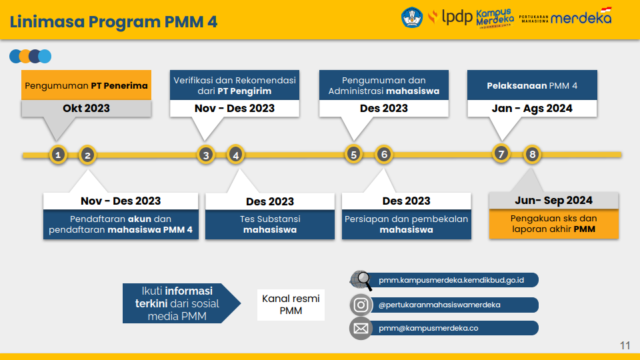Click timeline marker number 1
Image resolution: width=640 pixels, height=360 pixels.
pos(58,155)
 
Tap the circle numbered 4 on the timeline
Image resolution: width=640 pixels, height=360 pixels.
pos(235,155)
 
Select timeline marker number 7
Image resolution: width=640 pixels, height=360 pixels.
pos(501,154)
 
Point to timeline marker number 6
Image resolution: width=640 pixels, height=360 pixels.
pos(384,154)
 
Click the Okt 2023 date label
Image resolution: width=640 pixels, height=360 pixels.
pos(86,108)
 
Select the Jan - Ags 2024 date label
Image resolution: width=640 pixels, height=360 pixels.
pos(532,108)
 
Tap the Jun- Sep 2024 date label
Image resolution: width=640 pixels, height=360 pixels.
pos(553,201)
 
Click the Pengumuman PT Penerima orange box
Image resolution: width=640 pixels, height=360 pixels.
pos(86,85)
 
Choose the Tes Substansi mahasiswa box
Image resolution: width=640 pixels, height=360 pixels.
pos(270,224)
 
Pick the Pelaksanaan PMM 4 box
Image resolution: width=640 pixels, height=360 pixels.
pos(532,85)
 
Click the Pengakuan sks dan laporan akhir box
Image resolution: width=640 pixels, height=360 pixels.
pos(553,224)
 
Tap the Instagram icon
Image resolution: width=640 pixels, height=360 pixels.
pos(361,305)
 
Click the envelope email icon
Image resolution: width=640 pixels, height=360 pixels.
pos(361,328)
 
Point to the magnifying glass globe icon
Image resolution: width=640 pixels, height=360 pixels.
pos(361,281)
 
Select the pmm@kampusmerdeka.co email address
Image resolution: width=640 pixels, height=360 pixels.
pos(428,328)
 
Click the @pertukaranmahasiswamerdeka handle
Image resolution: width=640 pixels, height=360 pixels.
pos(439,305)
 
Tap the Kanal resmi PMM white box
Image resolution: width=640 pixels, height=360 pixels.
pos(291,305)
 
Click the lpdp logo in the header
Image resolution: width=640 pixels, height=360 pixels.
pos(450,17)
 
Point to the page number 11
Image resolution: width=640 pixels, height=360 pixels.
pos(625,345)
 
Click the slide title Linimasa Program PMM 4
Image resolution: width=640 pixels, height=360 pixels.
pos(113,21)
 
